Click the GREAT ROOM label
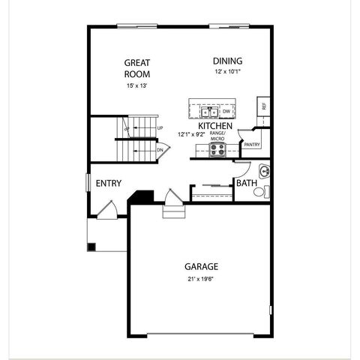click(x=137, y=68)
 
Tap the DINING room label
click(x=227, y=61)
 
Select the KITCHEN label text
click(x=215, y=125)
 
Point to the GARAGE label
click(x=201, y=266)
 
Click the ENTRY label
click(x=109, y=182)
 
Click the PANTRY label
click(x=251, y=144)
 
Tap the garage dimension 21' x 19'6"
click(x=201, y=279)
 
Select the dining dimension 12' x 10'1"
click(x=227, y=73)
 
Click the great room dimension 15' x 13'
click(x=137, y=86)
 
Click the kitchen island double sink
click(x=209, y=112)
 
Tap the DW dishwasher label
click(x=226, y=112)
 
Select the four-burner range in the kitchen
click(x=217, y=150)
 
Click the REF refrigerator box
click(x=263, y=106)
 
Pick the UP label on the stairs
click(x=160, y=128)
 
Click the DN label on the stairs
click(x=160, y=150)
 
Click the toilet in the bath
click(x=260, y=192)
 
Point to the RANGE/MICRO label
click(x=217, y=136)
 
